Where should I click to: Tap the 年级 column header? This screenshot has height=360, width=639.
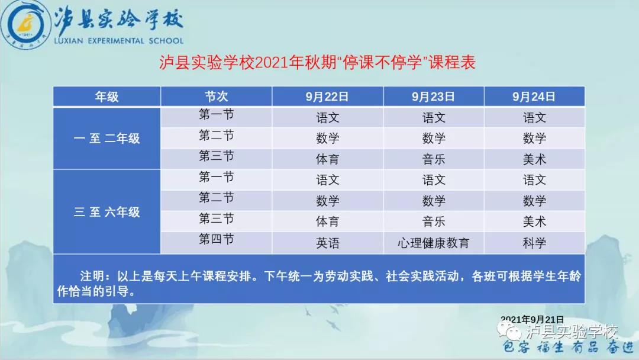tap(106, 97)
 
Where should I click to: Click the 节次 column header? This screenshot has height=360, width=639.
tap(216, 97)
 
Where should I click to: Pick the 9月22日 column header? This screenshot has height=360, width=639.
tap(327, 97)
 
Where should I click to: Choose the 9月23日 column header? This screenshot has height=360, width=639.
tap(433, 97)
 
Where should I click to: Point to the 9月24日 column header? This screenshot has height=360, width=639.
tap(534, 97)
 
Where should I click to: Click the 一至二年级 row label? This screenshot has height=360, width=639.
tap(106, 139)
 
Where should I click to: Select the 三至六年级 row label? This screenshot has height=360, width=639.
tap(106, 212)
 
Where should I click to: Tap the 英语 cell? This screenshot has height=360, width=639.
tap(327, 242)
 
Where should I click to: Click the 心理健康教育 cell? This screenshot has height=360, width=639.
tap(433, 242)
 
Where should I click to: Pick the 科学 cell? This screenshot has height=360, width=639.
tap(534, 242)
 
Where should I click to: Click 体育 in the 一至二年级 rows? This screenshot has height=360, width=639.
tap(327, 159)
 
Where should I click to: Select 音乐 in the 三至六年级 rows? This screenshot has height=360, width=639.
tap(433, 221)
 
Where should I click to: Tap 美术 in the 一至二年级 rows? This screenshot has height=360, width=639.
tap(534, 159)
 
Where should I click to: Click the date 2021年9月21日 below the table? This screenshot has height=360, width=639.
tap(532, 319)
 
